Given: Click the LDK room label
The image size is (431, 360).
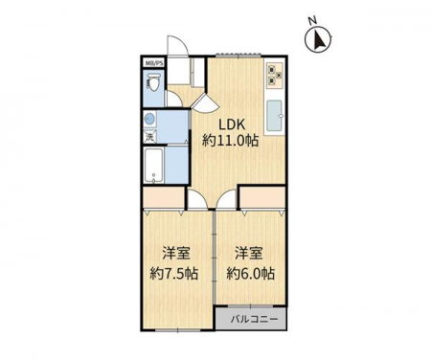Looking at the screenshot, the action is tap(232, 124).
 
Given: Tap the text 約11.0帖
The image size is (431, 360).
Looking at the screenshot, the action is tap(230, 141).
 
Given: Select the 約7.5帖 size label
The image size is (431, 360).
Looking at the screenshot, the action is tap(174, 274).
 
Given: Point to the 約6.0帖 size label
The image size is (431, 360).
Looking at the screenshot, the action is tap(251, 274).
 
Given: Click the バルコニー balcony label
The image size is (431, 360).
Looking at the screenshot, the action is tap(255, 319).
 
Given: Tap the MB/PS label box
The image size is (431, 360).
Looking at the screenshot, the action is tap(154, 63).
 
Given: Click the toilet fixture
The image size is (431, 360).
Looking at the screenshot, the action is tap(153, 82).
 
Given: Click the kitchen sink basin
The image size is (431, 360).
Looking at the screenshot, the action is tap(274, 116).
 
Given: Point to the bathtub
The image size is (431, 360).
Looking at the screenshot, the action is tap(154, 166).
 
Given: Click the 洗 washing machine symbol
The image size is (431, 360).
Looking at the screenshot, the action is tap(149, 137).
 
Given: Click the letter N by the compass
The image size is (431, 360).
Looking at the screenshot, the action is tap(312, 20).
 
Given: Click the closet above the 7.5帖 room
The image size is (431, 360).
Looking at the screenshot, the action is tap(164, 197).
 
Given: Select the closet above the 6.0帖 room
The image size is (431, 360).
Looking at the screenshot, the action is tap(262, 197).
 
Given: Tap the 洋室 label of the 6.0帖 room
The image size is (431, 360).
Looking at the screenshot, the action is tap(250, 254).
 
